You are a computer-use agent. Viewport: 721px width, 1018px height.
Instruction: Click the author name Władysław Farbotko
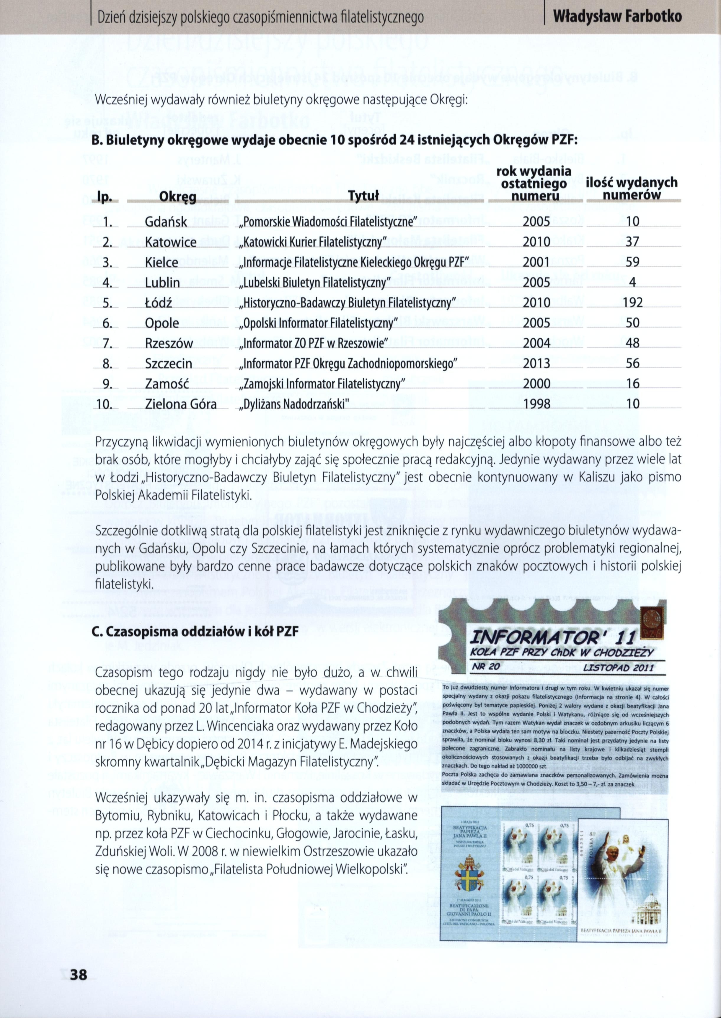pyautogui.click(x=618, y=17)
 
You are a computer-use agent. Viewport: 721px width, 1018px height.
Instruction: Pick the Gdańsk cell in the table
pyautogui.click(x=166, y=222)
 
